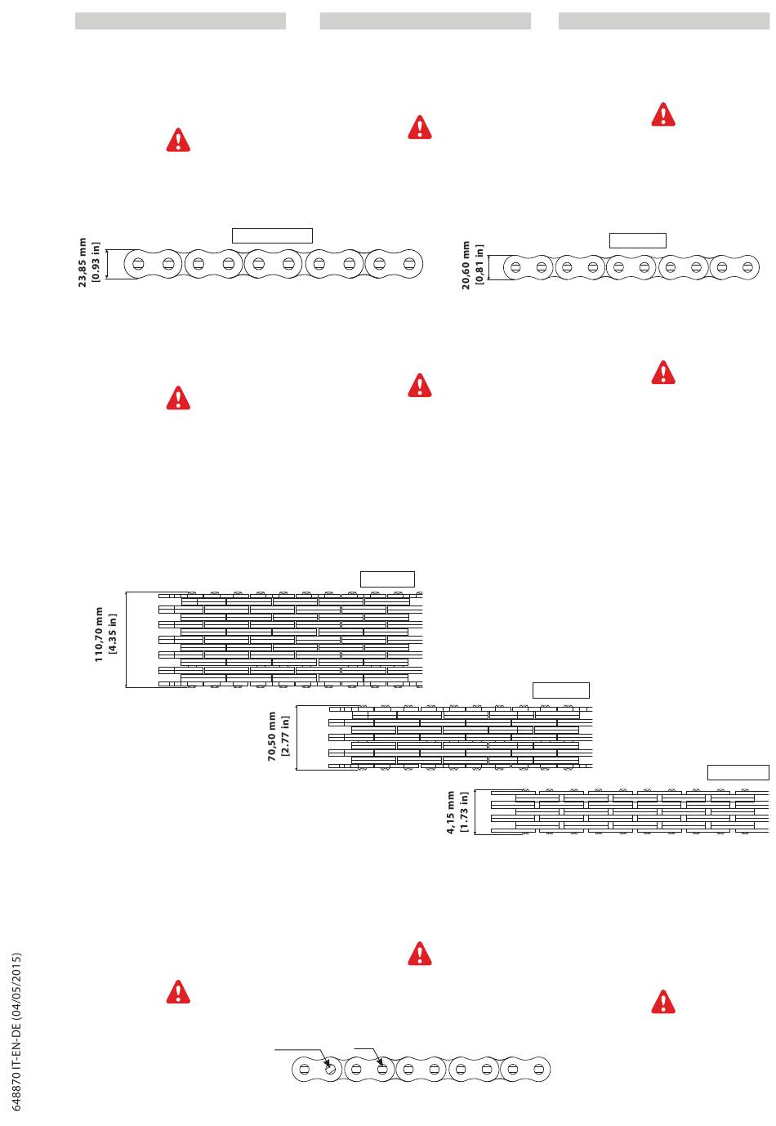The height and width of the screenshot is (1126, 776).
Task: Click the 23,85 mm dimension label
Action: click(83, 263)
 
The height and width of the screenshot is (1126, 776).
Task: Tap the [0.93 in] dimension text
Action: click(96, 263)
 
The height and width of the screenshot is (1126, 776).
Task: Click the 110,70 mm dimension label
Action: click(99, 634)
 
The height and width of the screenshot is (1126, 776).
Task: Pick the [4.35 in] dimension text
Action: click(113, 634)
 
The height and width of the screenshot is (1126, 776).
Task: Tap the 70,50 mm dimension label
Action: click(272, 736)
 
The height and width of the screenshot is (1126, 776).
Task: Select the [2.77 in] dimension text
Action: click(286, 736)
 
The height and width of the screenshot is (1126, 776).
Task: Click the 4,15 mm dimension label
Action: click(450, 812)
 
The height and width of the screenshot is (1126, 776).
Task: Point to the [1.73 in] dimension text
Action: click(464, 812)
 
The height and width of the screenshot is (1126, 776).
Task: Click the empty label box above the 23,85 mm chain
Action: click(273, 235)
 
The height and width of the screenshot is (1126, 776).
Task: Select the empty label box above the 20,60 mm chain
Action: click(638, 240)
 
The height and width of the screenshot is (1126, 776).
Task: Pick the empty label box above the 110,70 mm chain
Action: click(388, 579)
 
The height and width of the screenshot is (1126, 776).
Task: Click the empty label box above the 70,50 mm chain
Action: click(561, 690)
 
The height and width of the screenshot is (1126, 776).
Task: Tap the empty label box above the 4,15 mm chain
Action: click(738, 772)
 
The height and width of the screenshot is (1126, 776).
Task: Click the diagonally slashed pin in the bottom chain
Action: click(331, 1068)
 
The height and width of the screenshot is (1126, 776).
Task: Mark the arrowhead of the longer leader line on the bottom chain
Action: click(326, 1063)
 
